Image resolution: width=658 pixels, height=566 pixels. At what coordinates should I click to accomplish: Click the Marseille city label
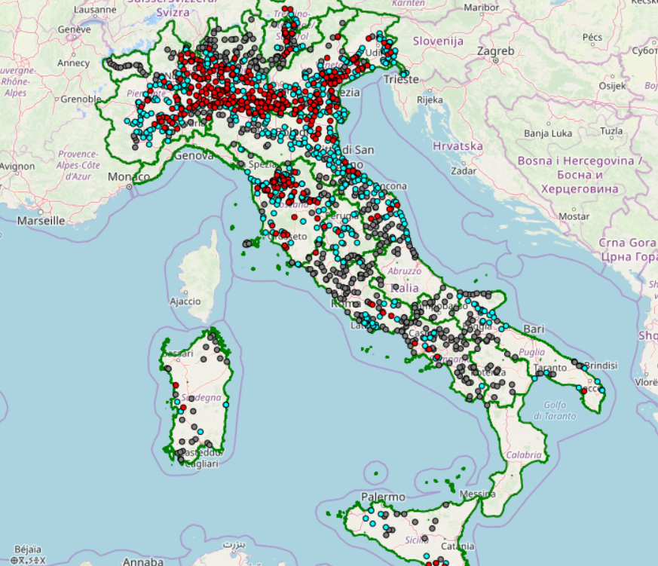point(41,221)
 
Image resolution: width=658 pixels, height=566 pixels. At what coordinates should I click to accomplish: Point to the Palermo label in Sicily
point(383,497)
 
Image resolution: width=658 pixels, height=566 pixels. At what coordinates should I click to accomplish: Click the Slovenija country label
point(437,41)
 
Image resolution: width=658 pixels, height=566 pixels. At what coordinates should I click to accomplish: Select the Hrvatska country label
point(458,145)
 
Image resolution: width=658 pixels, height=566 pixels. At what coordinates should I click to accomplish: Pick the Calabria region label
point(524,454)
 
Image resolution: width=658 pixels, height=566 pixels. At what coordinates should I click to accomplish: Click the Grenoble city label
point(81,99)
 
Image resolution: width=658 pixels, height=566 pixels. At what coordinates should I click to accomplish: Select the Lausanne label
point(95,10)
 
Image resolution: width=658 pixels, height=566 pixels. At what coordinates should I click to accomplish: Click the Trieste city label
point(400,79)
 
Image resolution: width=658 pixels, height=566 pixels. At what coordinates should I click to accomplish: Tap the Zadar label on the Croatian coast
point(462,170)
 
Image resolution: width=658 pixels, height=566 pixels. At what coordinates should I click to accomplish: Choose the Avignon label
point(17,166)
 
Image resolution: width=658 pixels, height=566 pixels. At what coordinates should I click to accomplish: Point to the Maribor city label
point(482,8)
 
